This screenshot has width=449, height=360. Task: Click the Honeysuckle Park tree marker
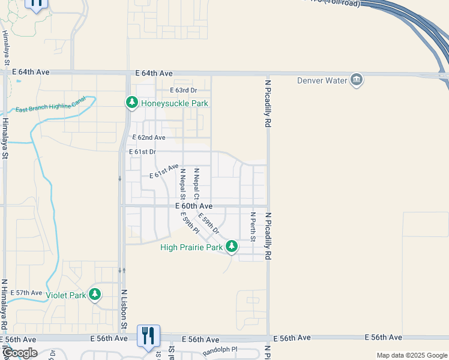point(132,103)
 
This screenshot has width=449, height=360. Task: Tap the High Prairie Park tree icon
point(232,246)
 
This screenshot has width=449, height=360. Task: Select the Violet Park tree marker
point(94,294)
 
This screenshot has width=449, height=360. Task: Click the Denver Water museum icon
point(357,80)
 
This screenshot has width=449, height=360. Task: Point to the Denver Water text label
point(322,80)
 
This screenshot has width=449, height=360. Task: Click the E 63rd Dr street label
point(183,90)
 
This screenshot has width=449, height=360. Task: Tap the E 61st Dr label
point(143,152)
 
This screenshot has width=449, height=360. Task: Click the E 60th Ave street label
point(195,206)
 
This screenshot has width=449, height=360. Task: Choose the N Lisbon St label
point(124,310)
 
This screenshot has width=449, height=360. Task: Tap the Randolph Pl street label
point(220,349)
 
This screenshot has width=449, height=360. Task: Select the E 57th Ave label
point(26,293)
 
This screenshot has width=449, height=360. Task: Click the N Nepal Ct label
point(196,184)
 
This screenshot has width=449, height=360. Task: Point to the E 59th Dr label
point(209,223)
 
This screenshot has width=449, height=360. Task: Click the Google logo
point(20,353)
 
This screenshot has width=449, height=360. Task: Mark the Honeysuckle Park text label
point(175,103)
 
